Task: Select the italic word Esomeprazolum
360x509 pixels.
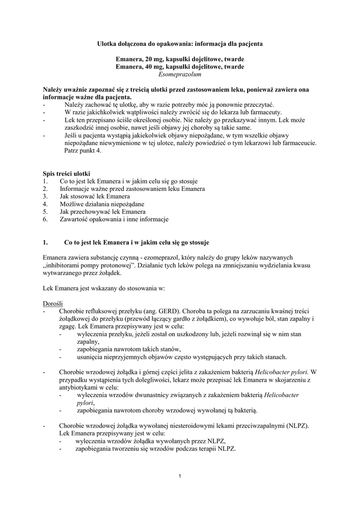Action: pos(180,75)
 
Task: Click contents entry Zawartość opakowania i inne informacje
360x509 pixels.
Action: pos(114,219)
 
